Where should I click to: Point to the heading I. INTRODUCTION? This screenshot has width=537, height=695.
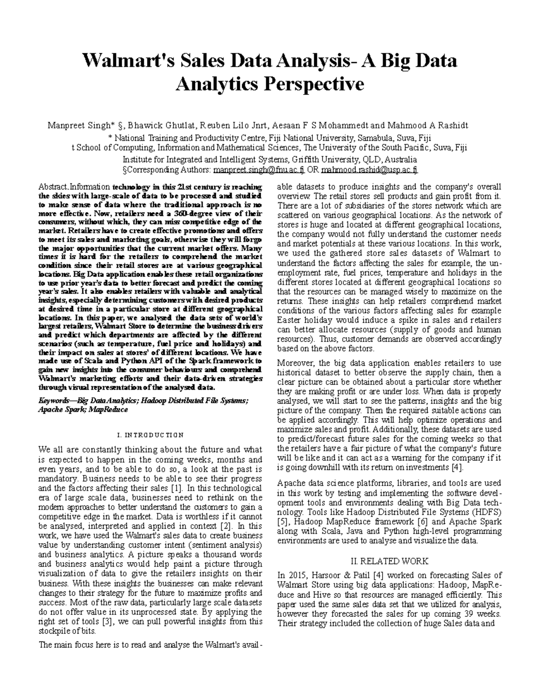[149, 435]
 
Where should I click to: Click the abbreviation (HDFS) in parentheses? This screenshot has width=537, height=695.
[486, 512]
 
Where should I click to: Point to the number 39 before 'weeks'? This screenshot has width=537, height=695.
[475, 614]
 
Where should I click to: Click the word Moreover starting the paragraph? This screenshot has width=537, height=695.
[294, 363]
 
